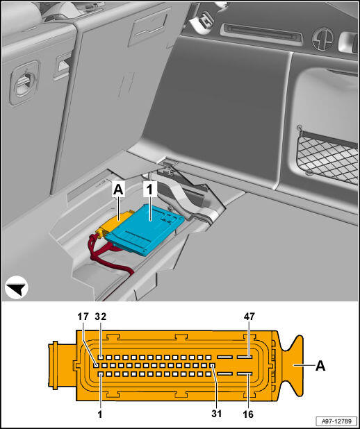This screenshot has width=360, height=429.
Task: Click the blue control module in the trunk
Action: [x=145, y=228]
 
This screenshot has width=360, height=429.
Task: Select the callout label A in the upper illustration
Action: [x=118, y=190]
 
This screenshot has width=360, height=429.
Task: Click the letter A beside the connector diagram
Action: [x=320, y=365]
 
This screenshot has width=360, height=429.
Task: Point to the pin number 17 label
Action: [x=83, y=317]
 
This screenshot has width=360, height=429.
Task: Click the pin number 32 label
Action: [x=101, y=317]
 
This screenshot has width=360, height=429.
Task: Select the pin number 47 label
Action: [x=249, y=317]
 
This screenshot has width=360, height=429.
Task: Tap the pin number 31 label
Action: [x=216, y=414]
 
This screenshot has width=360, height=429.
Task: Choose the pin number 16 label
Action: [x=248, y=414]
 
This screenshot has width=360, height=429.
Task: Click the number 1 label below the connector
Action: [x=100, y=414]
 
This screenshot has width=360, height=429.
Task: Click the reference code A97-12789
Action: [x=336, y=421]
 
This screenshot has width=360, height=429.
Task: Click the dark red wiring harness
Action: [x=110, y=253]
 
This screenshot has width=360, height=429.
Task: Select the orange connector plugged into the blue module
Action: [x=115, y=223]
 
